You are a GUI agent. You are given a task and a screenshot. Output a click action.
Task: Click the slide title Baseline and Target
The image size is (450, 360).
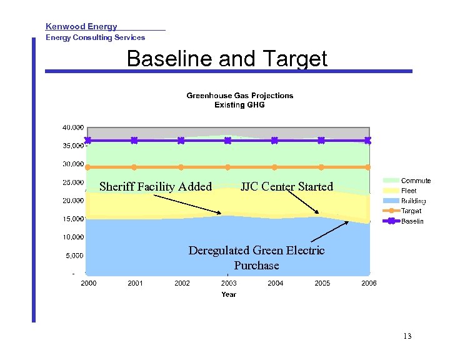(x=227, y=59)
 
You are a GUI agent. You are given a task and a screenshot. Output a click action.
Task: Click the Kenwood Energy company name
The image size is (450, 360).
(x=81, y=26)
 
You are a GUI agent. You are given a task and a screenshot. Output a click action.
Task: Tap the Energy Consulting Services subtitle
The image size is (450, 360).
(x=95, y=37)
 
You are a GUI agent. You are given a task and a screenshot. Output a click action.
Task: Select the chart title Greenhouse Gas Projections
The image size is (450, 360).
(x=239, y=96)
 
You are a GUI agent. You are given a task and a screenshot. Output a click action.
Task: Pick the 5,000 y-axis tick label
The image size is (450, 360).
(x=74, y=256)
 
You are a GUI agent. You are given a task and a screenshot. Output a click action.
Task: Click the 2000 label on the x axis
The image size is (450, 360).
(x=89, y=283)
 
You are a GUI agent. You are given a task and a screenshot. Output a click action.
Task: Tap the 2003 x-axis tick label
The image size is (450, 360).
(x=229, y=283)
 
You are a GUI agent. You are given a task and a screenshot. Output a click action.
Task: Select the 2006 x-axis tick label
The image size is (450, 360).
(x=369, y=283)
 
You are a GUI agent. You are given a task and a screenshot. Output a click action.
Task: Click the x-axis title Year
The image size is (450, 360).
(x=229, y=294)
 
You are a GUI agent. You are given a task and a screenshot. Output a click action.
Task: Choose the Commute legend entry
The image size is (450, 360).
(x=416, y=181)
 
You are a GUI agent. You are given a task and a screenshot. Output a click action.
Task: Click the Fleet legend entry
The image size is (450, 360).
(x=409, y=191)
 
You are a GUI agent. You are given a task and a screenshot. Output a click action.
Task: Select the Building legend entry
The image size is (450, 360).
(x=413, y=201)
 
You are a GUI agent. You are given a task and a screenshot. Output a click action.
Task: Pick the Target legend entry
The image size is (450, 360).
(x=411, y=211)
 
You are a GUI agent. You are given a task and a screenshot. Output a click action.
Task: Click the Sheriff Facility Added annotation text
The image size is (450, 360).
(x=156, y=186)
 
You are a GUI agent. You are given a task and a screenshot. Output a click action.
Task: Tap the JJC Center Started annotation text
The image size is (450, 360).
(x=287, y=186)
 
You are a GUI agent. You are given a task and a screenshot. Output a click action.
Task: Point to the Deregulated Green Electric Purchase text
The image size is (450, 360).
(x=256, y=257)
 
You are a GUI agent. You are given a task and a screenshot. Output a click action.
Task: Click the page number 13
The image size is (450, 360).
(x=407, y=336)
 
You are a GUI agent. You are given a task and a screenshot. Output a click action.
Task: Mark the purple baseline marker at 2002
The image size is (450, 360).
(x=181, y=141)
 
